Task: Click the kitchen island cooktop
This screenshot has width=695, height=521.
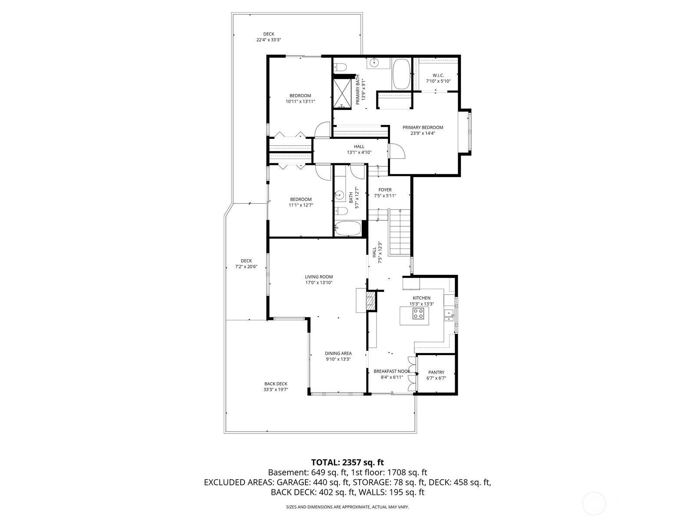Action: click(418, 313)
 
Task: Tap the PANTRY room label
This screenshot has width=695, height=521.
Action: click(436, 372)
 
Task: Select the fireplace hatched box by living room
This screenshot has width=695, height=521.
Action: click(371, 301)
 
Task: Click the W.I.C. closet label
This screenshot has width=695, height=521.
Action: click(438, 76)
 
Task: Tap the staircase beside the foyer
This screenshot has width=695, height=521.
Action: click(399, 232)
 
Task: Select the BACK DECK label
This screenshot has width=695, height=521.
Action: click(276, 383)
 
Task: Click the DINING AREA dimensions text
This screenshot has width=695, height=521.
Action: click(338, 359)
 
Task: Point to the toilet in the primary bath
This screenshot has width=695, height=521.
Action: click(341, 67)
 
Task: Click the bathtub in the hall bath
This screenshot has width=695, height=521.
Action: click(347, 228)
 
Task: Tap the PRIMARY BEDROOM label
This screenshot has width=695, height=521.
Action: click(423, 127)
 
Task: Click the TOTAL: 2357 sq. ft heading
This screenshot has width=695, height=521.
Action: click(347, 462)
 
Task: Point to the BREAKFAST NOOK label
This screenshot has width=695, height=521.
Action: click(392, 371)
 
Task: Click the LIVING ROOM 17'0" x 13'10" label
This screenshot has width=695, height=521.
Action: click(318, 280)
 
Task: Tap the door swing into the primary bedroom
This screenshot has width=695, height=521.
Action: click(397, 151)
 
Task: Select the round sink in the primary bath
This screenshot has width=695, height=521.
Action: click(374, 63)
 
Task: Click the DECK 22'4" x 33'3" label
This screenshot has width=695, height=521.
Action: click(268, 37)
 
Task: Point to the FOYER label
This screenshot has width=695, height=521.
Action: click(385, 190)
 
